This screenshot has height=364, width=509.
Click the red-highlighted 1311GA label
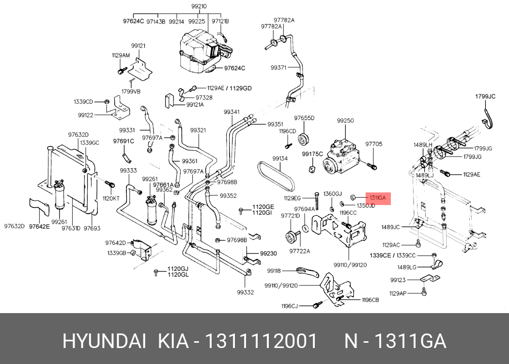(378, 198)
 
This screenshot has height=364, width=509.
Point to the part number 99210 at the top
(199, 6)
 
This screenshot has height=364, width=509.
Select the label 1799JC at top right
(485, 97)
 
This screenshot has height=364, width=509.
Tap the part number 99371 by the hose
(279, 68)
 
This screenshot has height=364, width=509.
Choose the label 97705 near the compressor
(373, 144)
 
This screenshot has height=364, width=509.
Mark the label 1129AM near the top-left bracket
(121, 55)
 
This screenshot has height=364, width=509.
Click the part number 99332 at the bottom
(246, 292)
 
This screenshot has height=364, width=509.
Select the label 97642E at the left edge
(39, 226)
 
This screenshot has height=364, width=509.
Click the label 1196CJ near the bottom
(290, 306)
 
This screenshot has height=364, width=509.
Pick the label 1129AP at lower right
(398, 293)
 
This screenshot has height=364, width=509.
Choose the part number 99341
(231, 112)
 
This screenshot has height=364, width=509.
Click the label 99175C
(312, 154)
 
